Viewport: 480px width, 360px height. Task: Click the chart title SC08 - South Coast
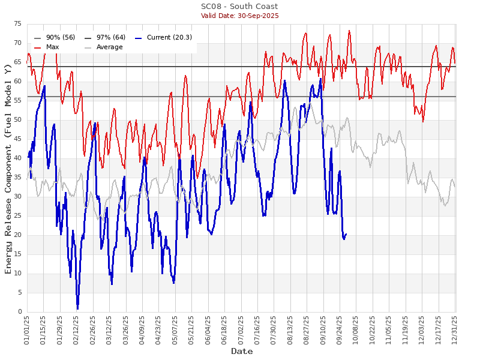[239, 7]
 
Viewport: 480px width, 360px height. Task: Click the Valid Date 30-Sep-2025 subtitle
[239, 16]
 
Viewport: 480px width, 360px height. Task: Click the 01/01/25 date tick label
[28, 329]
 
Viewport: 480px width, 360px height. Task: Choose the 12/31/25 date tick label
[455, 329]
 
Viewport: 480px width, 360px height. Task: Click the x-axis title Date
[242, 351]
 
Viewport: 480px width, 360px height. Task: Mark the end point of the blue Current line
[346, 234]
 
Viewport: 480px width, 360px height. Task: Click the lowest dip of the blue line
[77, 308]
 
